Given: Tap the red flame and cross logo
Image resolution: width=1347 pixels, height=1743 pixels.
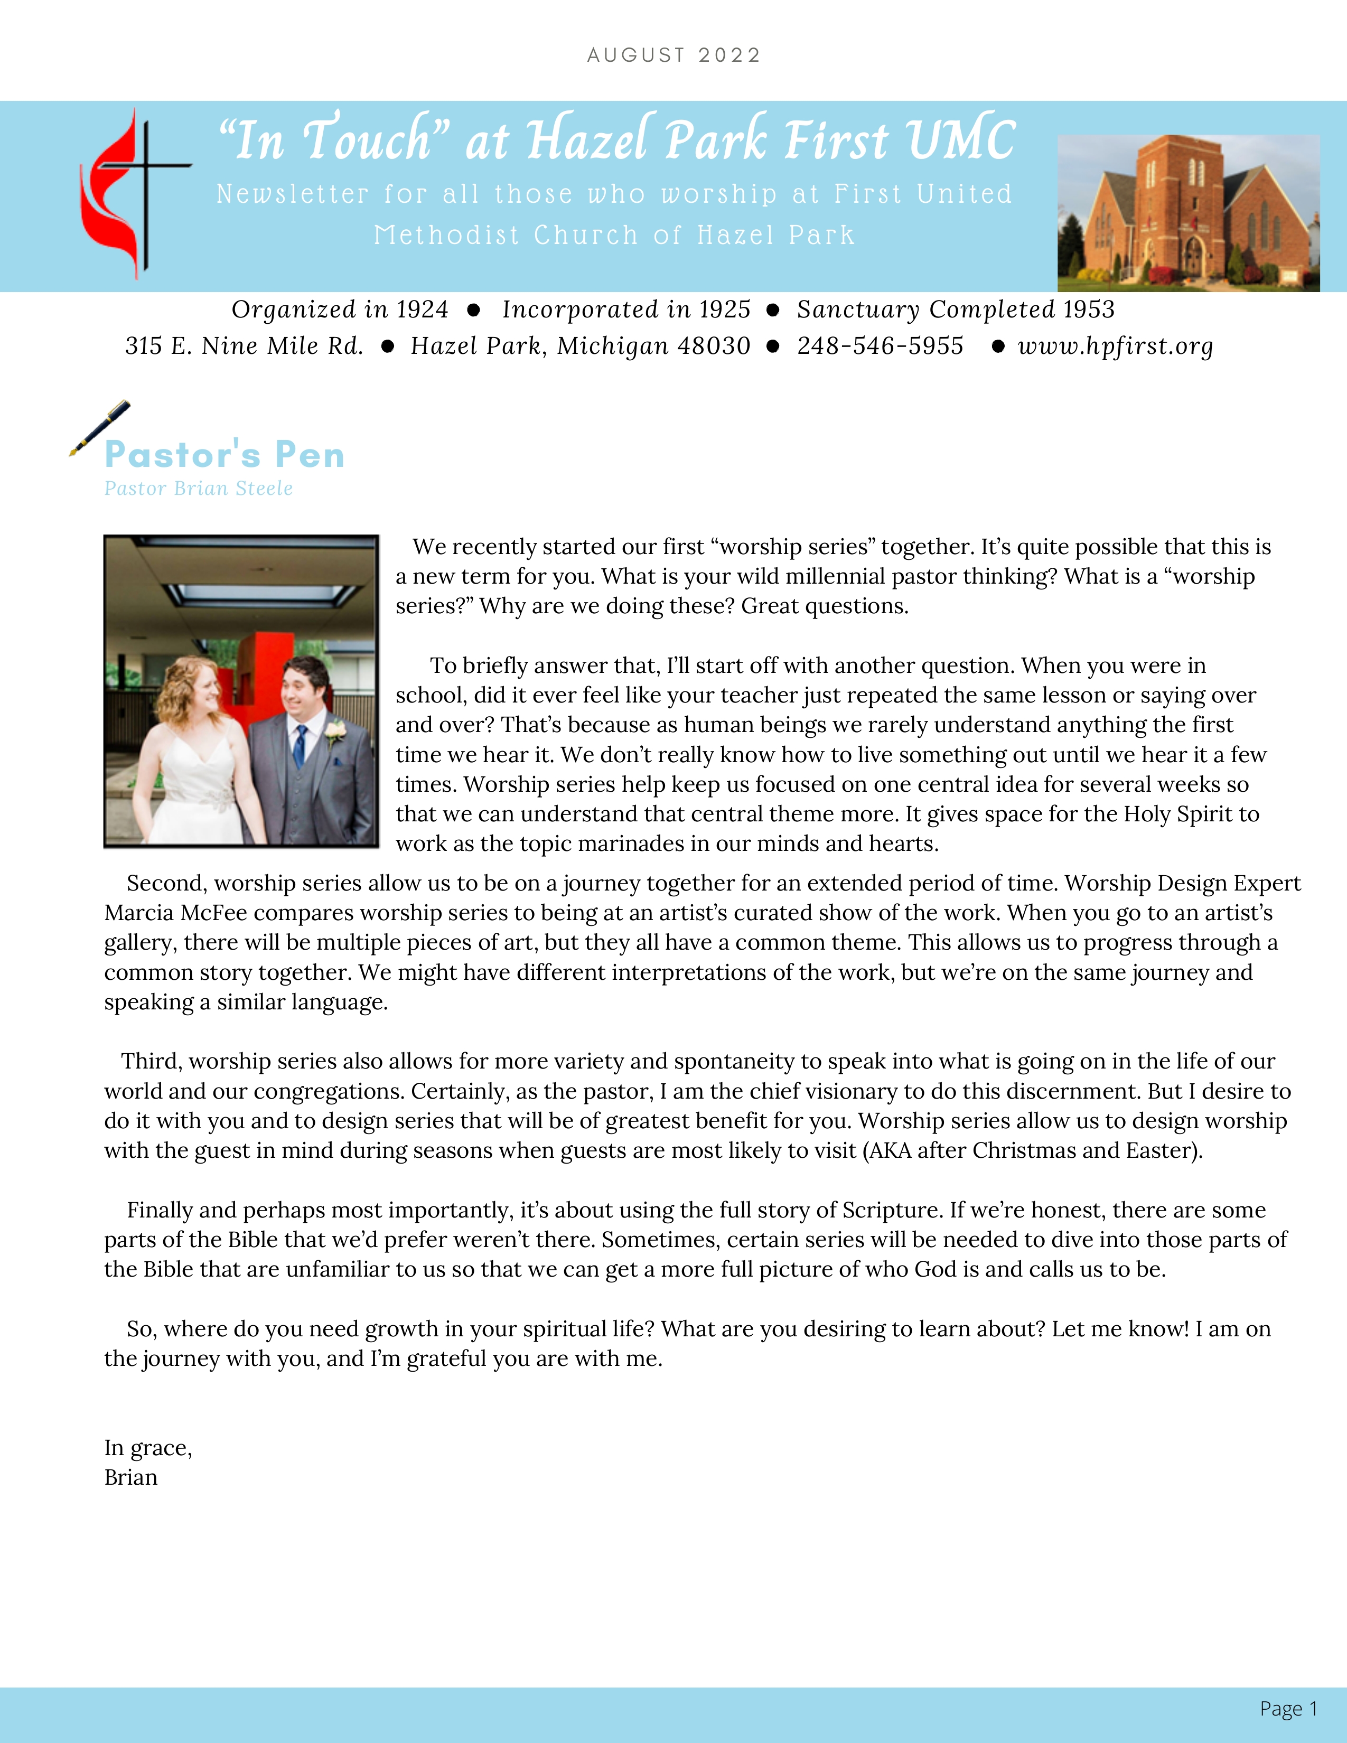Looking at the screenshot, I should pyautogui.click(x=132, y=194).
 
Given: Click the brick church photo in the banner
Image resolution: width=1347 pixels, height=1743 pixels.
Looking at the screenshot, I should pyautogui.click(x=1187, y=212).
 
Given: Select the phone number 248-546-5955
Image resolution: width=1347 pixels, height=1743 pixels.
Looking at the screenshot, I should pyautogui.click(x=880, y=346).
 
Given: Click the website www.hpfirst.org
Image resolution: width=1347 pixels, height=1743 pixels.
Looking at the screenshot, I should pyautogui.click(x=1116, y=346).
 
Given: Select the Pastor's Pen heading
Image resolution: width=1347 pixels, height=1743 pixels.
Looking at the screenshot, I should pyautogui.click(x=224, y=455).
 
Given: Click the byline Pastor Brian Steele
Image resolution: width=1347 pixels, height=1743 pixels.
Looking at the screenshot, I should pyautogui.click(x=199, y=489).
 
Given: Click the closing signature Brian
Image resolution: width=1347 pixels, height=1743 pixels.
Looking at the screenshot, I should pyautogui.click(x=131, y=1478).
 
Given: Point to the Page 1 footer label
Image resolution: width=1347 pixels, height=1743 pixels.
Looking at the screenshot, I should pyautogui.click(x=1288, y=1709).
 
